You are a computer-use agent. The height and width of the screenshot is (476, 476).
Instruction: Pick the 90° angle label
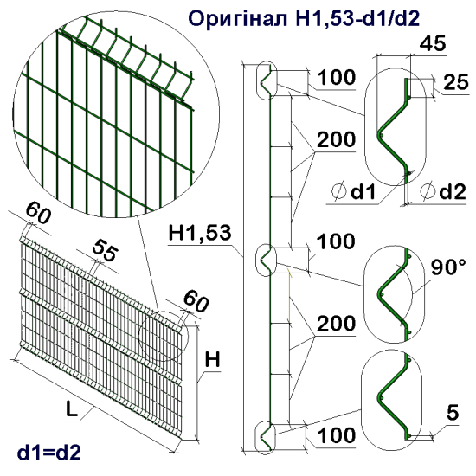click(x=448, y=268)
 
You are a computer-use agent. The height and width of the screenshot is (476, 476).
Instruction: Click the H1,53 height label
click(x=199, y=233)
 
